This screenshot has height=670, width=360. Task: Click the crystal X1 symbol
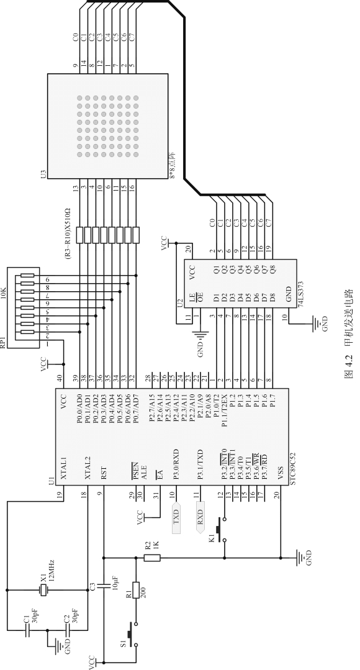click(x=43, y=590)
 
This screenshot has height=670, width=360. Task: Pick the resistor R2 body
click(x=152, y=558)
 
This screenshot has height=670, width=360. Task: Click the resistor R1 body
click(x=136, y=590)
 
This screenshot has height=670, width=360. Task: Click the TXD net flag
click(x=176, y=517)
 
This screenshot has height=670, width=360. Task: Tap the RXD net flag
click(x=200, y=518)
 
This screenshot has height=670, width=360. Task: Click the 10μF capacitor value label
click(x=115, y=582)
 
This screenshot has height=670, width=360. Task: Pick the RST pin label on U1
click(x=104, y=472)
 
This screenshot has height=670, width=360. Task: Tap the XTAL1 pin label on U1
click(x=64, y=468)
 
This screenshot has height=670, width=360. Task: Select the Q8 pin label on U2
click(x=272, y=269)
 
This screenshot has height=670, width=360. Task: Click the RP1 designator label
click(x=4, y=342)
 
